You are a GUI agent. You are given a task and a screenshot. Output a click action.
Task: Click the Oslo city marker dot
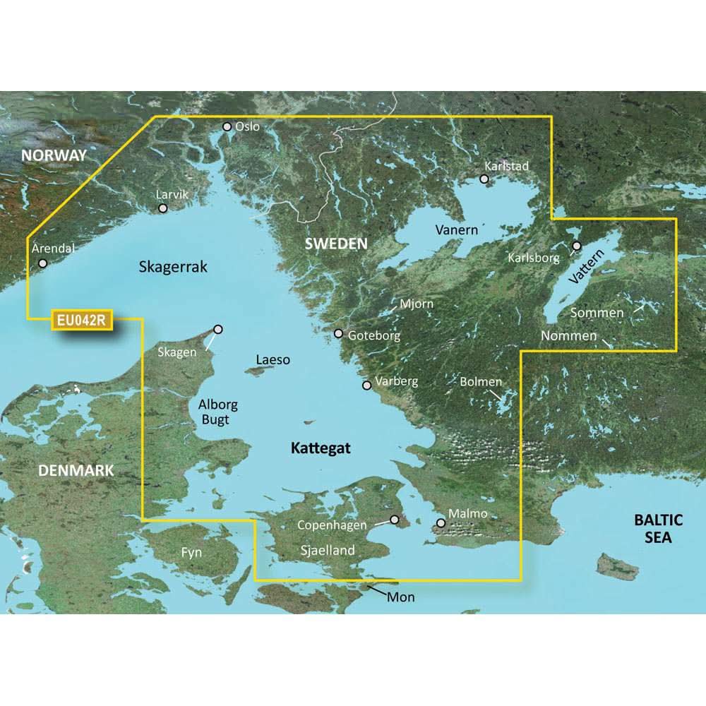click(227, 127)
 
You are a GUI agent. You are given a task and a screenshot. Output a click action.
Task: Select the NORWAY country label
click(54, 155)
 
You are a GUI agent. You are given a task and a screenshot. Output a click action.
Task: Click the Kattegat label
click(321, 448)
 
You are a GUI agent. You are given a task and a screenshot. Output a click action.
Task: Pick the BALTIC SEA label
click(659, 529)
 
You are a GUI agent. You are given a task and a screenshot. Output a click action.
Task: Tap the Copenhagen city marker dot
click(395, 520)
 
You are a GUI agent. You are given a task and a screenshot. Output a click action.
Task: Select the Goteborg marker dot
click(339, 333)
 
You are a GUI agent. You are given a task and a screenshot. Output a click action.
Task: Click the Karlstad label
click(506, 166)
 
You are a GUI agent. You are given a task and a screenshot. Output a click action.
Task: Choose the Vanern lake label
click(457, 230)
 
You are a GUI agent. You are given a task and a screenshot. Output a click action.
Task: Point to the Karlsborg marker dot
click(577, 246)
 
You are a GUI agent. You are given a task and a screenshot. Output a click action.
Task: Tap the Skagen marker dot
click(218, 329)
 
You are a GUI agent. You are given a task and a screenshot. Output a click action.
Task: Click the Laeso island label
click(273, 360)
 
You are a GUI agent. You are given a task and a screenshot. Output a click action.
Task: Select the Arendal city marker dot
click(43, 263)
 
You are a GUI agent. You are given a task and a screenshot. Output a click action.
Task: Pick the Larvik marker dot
click(163, 208)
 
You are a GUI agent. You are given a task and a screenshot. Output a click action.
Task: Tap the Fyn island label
click(191, 553)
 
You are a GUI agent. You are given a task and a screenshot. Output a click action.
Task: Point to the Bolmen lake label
click(481, 382)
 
